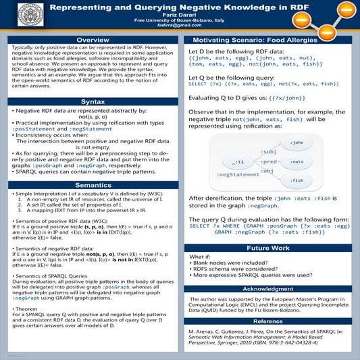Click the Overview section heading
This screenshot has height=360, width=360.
click(x=93, y=41)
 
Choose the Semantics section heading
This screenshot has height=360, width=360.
click(x=93, y=184)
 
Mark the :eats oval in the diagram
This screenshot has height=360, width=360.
click(x=296, y=161)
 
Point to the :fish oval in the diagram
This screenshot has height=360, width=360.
click(x=296, y=180)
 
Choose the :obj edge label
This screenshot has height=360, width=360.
click(x=268, y=172)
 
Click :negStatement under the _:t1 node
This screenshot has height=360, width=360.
click(x=238, y=175)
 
